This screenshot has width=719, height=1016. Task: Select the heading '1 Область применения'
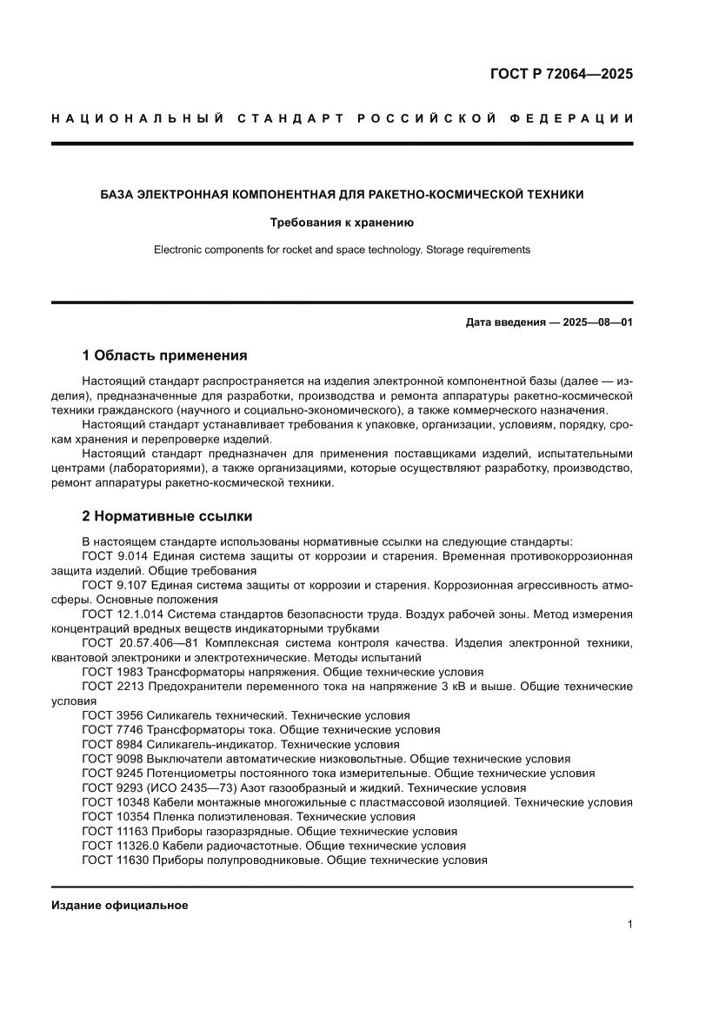164,355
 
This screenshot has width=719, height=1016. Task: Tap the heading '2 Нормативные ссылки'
167,516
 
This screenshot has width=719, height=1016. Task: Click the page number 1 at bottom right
629,925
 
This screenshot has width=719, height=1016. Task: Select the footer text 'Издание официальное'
120,905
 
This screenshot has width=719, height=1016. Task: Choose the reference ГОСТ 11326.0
122,846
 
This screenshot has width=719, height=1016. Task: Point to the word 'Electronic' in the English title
180,249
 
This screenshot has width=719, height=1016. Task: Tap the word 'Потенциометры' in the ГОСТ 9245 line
189,773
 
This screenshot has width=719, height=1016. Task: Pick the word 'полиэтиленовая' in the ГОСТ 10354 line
225,817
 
